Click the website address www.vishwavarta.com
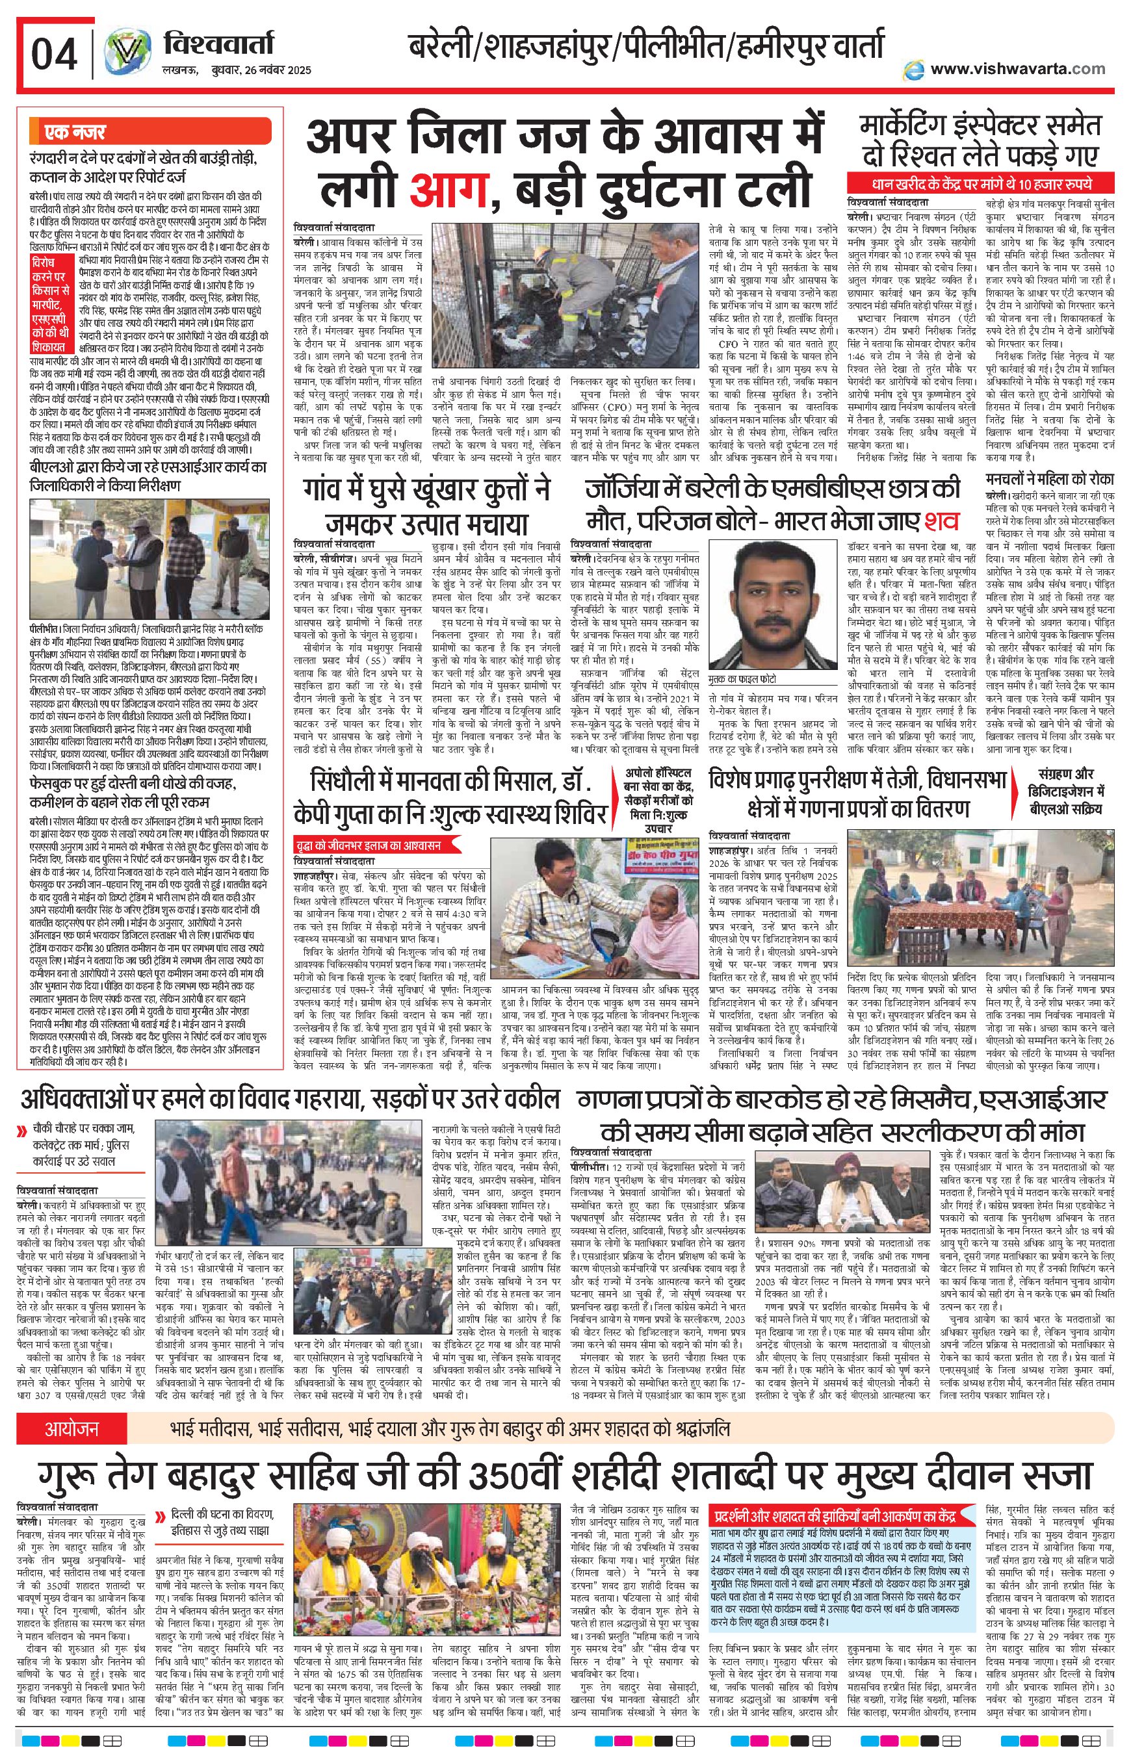click(1017, 68)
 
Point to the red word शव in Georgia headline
click(941, 520)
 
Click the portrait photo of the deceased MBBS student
click(760, 604)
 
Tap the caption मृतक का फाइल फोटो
click(742, 678)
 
